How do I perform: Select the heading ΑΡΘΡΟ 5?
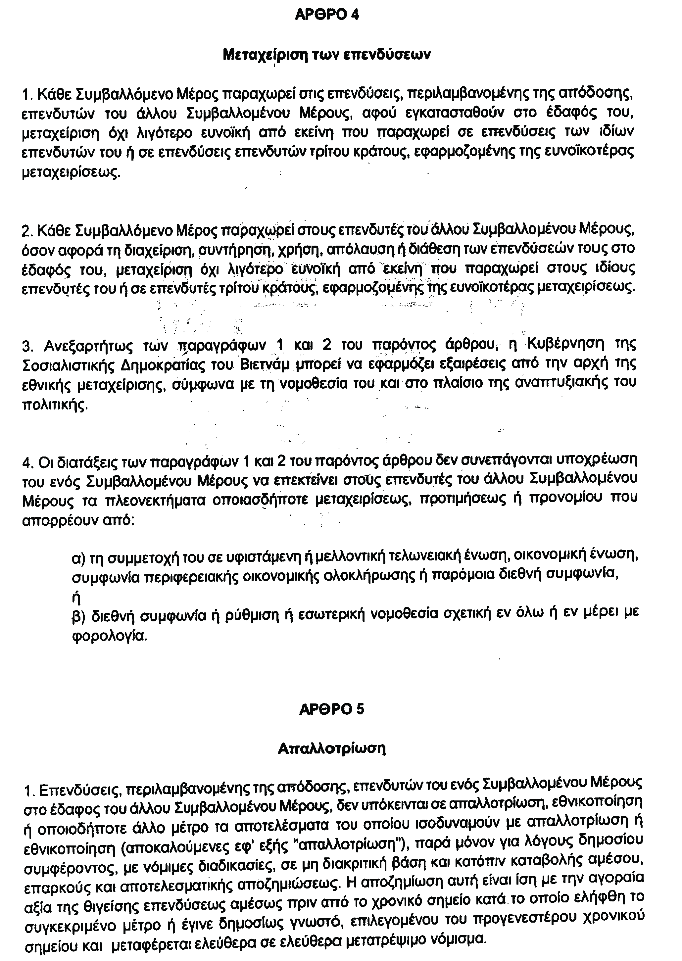tap(332, 709)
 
